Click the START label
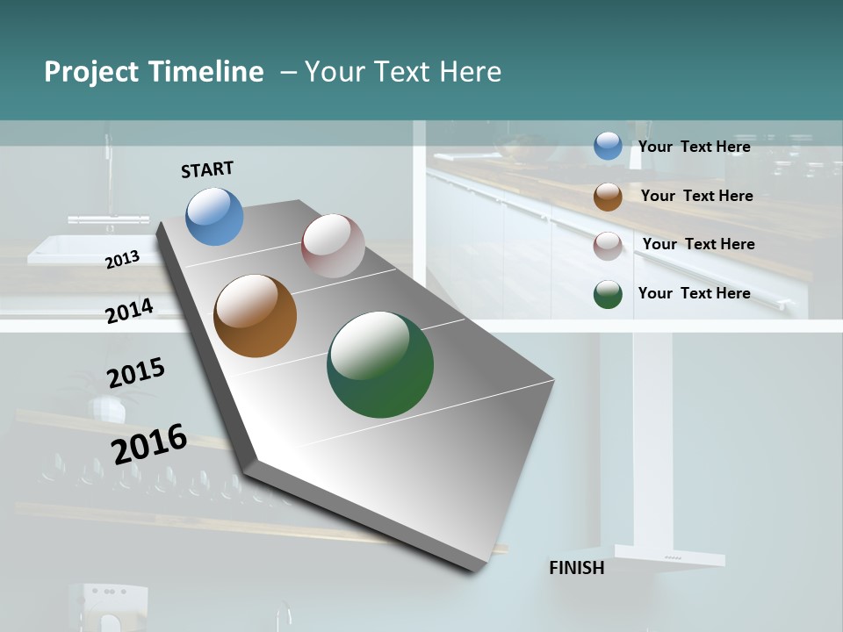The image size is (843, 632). tap(207, 169)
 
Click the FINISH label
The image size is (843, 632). tap(576, 568)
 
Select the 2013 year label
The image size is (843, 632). tap(123, 259)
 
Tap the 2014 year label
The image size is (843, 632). tap(130, 311)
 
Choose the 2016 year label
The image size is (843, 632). tap(149, 443)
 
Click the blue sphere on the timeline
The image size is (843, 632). tap(215, 216)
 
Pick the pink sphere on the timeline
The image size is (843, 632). tap(333, 246)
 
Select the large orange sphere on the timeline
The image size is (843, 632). tap(256, 316)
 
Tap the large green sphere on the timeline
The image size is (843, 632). tap(380, 364)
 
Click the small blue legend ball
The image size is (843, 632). tap(608, 147)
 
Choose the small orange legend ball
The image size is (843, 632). tap(608, 197)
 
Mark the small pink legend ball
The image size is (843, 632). tap(608, 246)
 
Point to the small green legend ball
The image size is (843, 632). tap(608, 295)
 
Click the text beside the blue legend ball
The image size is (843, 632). tap(694, 147)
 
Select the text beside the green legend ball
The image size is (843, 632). tap(694, 293)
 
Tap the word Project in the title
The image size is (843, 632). tap(91, 72)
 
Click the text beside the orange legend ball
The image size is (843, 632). tap(696, 196)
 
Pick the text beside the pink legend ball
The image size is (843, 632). tap(698, 244)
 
